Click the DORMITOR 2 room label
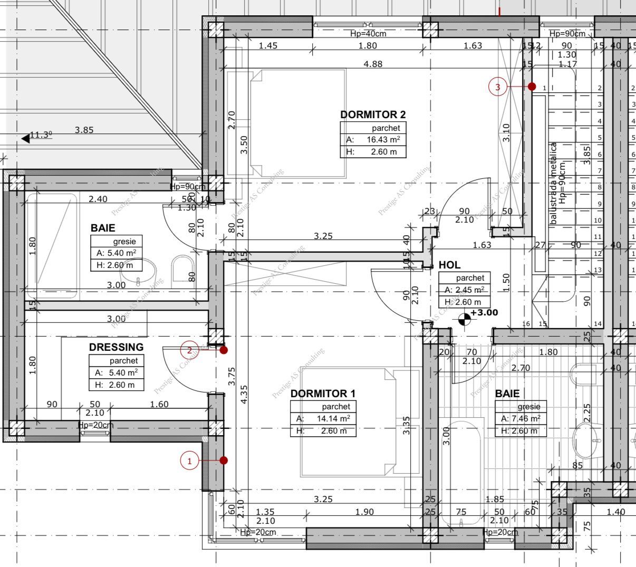coord(373,114)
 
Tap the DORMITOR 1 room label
coord(323,393)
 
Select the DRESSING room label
coord(116,347)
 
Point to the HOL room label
coord(449,265)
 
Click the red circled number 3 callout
coord(498,87)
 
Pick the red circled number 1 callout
coord(189,461)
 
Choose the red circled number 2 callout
coord(189,349)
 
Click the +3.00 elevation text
coord(484,313)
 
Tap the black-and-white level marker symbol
coord(465,318)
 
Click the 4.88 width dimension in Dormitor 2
coord(373,64)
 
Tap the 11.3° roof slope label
coord(41,135)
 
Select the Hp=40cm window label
coord(368,34)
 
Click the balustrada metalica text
coord(554,184)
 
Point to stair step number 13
coord(598,270)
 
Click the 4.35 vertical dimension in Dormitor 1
coord(243,395)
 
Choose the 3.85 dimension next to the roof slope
coord(84,130)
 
